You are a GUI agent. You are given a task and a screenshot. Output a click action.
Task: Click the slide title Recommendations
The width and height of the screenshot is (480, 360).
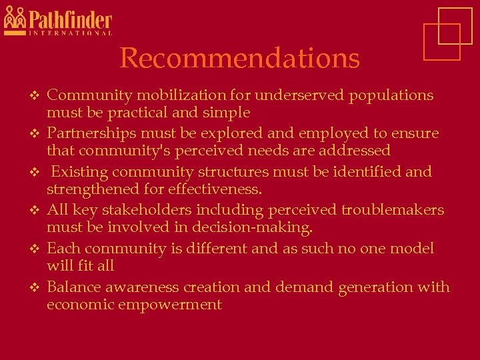pyautogui.click(x=239, y=59)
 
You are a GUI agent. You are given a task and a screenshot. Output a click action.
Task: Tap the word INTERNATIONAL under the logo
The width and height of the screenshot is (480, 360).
pyautogui.click(x=70, y=33)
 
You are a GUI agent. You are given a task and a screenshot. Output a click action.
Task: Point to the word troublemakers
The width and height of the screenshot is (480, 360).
pyautogui.click(x=392, y=210)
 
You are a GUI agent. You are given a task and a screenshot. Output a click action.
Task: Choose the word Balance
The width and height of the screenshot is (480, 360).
pyautogui.click(x=74, y=287)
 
